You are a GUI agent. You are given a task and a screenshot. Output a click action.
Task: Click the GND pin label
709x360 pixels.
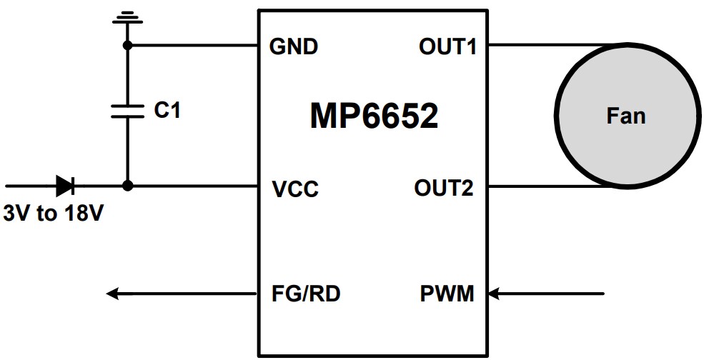[294, 47]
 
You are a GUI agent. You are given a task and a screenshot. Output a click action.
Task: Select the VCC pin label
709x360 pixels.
[295, 190]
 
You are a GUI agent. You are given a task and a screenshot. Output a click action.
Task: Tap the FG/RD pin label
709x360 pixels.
[306, 294]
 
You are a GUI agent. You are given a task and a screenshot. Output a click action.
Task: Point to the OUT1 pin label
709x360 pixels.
[448, 47]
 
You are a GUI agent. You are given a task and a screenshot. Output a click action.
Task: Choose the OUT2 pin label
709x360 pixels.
[444, 189]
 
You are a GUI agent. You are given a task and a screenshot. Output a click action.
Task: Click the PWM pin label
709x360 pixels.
[446, 294]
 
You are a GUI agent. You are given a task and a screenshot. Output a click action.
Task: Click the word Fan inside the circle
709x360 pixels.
[626, 116]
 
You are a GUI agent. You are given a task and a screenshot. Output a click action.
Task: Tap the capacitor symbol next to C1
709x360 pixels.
[128, 111]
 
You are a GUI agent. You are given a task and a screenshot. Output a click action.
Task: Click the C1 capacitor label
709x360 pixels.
[167, 111]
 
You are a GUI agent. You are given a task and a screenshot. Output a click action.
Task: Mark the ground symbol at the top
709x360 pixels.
[127, 16]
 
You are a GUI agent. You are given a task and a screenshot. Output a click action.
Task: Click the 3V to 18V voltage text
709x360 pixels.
[54, 214]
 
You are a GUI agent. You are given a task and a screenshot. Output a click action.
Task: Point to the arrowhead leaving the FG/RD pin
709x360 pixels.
[113, 293]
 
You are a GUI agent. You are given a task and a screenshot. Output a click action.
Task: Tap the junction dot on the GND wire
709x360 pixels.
[128, 46]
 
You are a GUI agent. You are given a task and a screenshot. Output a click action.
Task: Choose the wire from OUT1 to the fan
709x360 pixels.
[543, 46]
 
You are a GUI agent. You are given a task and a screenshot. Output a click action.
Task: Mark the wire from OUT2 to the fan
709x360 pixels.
[543, 187]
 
